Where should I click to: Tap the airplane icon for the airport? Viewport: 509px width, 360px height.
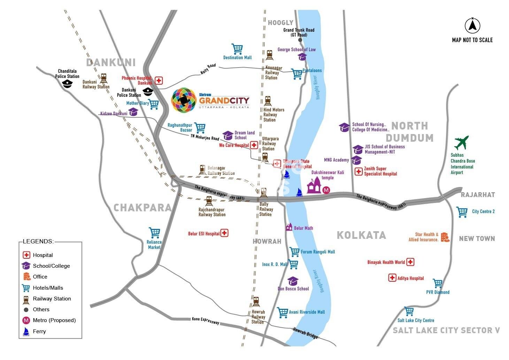coord(462,143)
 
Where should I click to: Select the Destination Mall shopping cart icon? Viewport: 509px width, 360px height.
coord(237,49)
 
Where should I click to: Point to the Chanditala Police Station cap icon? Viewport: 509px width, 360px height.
coord(67,84)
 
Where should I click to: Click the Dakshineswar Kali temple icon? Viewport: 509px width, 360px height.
coord(314,186)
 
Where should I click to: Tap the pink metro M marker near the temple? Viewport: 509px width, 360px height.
coord(326,190)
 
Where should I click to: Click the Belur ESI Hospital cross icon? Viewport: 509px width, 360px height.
coord(224,233)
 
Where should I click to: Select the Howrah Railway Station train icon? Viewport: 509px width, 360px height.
coord(256,302)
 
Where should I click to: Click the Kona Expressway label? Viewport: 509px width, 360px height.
coord(206,321)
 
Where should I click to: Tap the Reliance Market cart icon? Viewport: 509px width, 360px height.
coord(154,233)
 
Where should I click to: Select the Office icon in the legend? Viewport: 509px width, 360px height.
coord(26,277)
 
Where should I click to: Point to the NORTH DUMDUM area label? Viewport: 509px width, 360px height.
coord(409,132)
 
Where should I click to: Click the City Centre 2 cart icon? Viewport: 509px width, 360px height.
coord(462,212)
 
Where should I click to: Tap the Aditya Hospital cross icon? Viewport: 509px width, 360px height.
coord(392,278)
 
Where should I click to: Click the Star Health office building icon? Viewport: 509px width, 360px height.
coord(445,237)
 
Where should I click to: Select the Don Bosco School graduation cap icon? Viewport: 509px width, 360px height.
coord(293,281)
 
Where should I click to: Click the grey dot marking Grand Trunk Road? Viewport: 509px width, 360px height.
coord(300,40)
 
